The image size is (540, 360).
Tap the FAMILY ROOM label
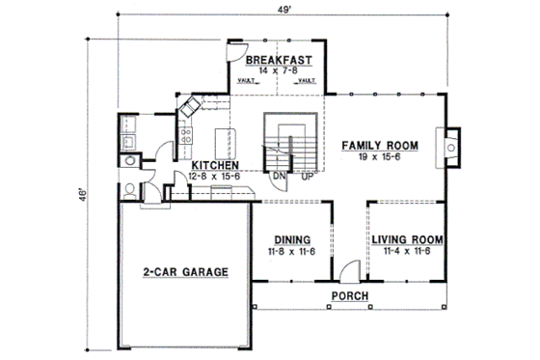point(380,146)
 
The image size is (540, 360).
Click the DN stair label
point(278,177)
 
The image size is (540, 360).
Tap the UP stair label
point(308,177)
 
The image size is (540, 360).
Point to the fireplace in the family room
point(449,147)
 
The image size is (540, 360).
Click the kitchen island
point(229,136)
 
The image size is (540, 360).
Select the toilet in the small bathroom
point(129,187)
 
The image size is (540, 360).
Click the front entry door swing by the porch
point(349,269)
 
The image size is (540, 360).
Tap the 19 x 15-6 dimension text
point(380,158)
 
